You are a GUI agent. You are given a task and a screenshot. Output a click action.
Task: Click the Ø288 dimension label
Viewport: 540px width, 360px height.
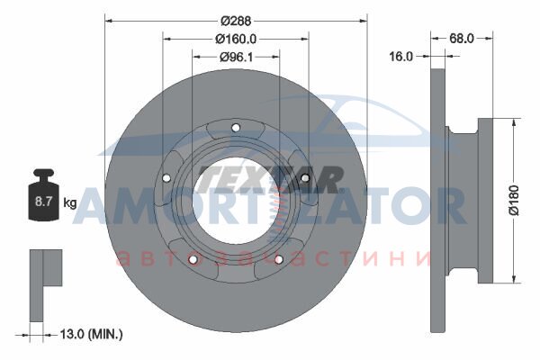click(x=236, y=21)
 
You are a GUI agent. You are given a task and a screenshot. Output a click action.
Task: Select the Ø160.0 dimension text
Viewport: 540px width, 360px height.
click(x=236, y=40)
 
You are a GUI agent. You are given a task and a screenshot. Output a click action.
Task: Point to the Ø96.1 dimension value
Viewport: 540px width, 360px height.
click(x=236, y=57)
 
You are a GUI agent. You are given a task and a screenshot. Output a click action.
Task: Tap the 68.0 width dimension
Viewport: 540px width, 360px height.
click(x=462, y=38)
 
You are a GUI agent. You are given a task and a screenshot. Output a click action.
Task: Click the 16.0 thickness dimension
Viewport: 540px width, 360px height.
click(x=400, y=56)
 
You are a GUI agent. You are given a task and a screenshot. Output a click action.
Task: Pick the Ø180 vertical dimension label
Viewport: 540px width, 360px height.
click(x=514, y=201)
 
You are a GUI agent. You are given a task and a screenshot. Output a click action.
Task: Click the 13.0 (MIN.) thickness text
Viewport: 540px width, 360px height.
click(x=91, y=334)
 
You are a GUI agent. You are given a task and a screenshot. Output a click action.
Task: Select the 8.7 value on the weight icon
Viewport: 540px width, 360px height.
click(x=43, y=202)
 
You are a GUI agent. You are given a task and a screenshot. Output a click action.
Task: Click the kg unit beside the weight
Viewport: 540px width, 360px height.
click(x=70, y=202)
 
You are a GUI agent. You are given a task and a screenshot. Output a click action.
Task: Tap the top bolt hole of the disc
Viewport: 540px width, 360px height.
click(x=236, y=128)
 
